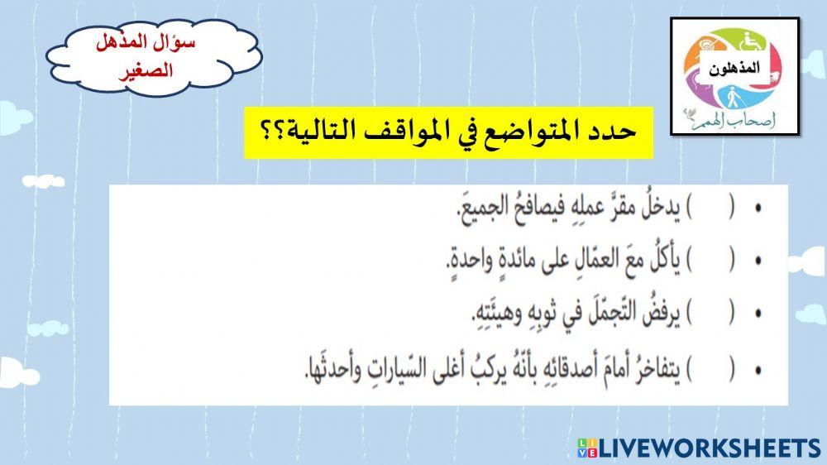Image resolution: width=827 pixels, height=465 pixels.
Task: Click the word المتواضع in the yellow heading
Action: [543, 132]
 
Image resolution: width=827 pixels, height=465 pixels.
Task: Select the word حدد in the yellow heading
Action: [614, 132]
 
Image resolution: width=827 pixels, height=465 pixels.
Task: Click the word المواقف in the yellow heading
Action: [415, 132]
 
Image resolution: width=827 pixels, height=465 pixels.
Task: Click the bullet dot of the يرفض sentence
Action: [758, 313]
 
